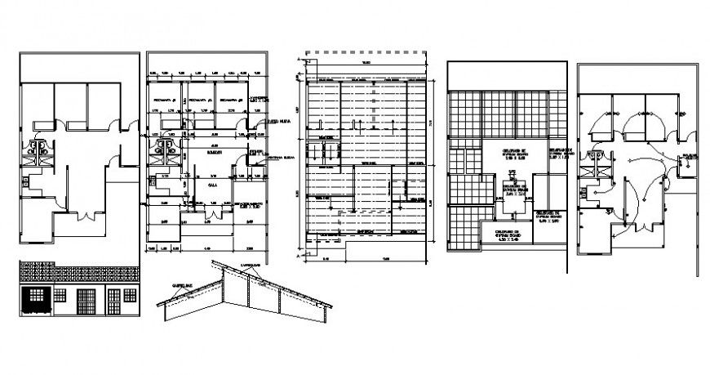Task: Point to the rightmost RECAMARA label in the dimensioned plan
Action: (237, 101)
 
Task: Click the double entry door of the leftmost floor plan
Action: (85, 217)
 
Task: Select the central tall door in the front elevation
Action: (84, 302)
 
